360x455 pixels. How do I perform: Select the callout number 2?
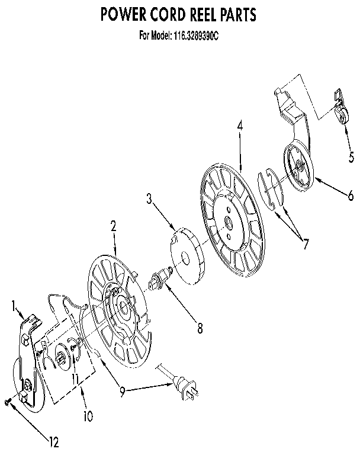pos(113,225)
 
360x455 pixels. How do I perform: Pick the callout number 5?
pos(351,157)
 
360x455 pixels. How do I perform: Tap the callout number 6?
pos(351,196)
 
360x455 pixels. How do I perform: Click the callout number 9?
pos(121,391)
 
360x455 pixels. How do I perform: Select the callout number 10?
pos(88,416)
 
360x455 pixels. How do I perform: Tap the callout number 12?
pos(54,441)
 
